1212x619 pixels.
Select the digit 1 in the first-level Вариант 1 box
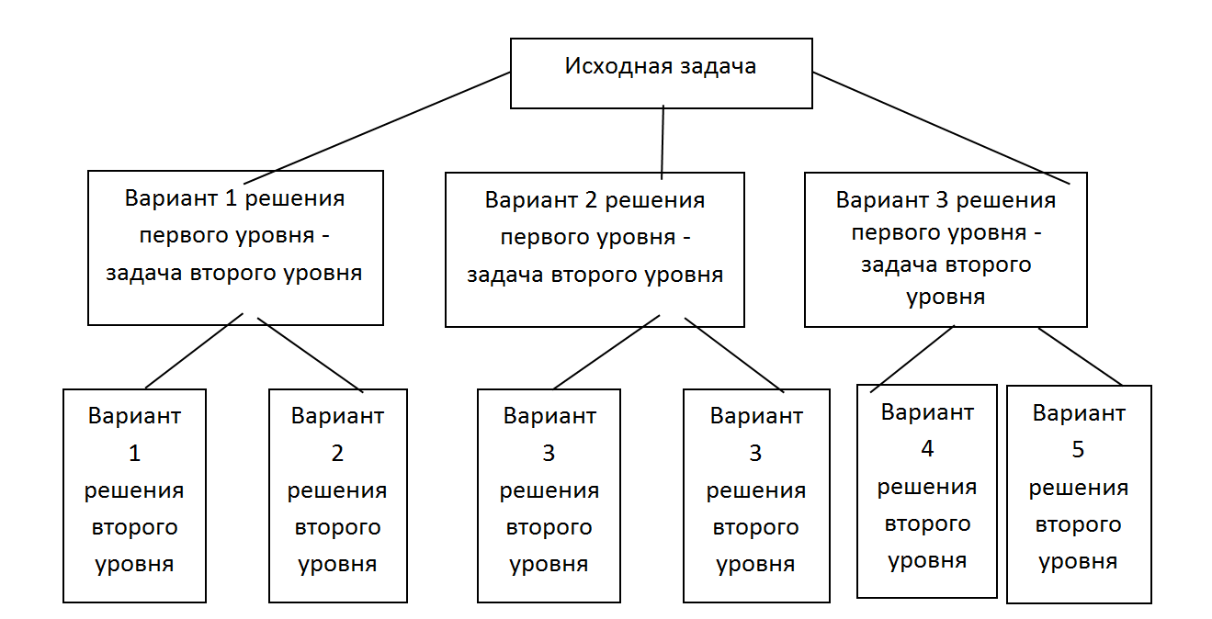pyautogui.click(x=231, y=198)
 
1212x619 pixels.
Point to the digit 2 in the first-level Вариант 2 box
pyautogui.click(x=590, y=200)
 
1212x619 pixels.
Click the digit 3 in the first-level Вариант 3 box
pyautogui.click(x=942, y=200)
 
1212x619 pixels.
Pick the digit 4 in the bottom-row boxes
pyautogui.click(x=927, y=449)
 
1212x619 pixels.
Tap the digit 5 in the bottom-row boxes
pyautogui.click(x=1078, y=450)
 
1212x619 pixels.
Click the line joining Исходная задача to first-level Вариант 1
pyautogui.click(x=377, y=129)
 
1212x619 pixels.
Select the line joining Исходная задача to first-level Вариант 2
pyautogui.click(x=663, y=142)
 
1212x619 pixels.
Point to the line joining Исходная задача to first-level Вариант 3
pyautogui.click(x=941, y=129)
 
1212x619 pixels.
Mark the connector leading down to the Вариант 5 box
pyautogui.click(x=1081, y=357)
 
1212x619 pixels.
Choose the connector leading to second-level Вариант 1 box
pyautogui.click(x=194, y=351)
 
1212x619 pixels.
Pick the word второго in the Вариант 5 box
pyautogui.click(x=1078, y=525)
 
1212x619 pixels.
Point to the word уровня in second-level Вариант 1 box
pyautogui.click(x=134, y=565)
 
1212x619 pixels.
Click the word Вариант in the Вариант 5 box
pyautogui.click(x=1079, y=413)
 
